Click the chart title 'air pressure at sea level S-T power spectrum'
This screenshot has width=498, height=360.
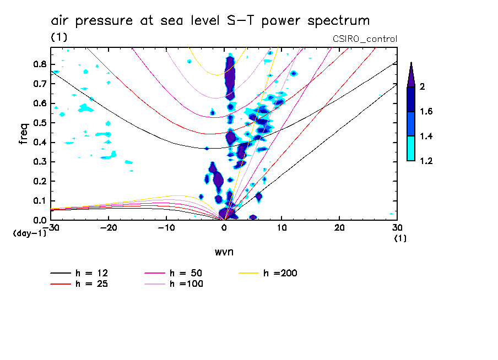210,21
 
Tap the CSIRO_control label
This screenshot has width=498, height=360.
365,39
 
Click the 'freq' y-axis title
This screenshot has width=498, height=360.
24,134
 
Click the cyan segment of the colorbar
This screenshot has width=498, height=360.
411,149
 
